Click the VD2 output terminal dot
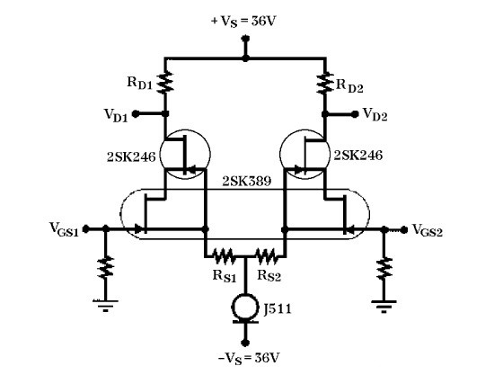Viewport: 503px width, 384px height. tap(353, 114)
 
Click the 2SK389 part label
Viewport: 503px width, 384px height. tap(244, 180)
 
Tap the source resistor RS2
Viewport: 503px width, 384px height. tap(267, 255)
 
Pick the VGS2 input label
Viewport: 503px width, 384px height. tap(430, 230)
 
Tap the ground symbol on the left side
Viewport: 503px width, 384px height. tap(107, 306)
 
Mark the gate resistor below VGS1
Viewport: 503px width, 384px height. tap(107, 267)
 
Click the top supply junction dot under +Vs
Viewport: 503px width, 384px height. tap(245, 59)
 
